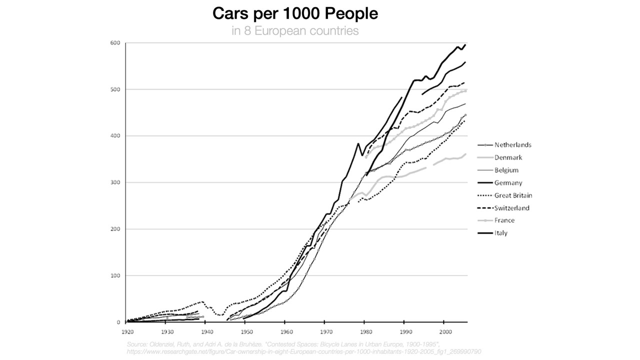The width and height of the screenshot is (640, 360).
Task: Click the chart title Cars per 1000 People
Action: (x=295, y=13)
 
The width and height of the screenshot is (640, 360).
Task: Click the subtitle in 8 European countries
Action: (x=295, y=31)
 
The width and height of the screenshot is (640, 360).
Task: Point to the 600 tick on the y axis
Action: (x=115, y=43)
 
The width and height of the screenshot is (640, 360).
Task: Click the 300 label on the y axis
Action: (x=115, y=182)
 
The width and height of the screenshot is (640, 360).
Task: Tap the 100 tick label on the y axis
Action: (x=115, y=275)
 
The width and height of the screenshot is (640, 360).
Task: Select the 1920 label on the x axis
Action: (x=127, y=331)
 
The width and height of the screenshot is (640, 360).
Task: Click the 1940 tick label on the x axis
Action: (x=206, y=331)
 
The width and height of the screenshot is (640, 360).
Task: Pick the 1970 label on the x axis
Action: (x=325, y=331)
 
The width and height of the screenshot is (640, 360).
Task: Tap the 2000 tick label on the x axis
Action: (x=444, y=331)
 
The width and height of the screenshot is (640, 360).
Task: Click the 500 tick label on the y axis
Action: (x=115, y=89)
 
